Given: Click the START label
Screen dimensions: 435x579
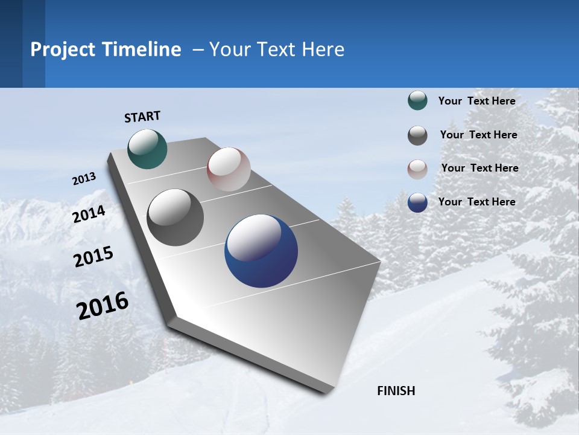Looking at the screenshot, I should pyautogui.click(x=142, y=117).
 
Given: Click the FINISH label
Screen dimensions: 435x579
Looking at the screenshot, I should pyautogui.click(x=396, y=391).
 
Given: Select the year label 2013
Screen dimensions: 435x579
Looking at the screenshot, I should pyautogui.click(x=84, y=179).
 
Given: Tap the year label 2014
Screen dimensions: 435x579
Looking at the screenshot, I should pyautogui.click(x=89, y=214).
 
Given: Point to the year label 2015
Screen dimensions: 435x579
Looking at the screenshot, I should pyautogui.click(x=93, y=257).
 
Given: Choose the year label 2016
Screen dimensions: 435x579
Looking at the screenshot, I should pyautogui.click(x=103, y=306).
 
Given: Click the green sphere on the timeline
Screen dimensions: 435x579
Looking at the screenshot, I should pyautogui.click(x=147, y=149).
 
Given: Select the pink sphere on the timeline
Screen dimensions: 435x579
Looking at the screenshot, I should pyautogui.click(x=229, y=169).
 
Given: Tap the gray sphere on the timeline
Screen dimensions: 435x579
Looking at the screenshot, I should pyautogui.click(x=176, y=217).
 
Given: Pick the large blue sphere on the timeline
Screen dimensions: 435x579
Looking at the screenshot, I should pyautogui.click(x=261, y=251).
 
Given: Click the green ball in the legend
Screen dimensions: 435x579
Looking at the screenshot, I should pyautogui.click(x=417, y=101).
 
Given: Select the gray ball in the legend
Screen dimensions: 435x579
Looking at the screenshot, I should pyautogui.click(x=417, y=135).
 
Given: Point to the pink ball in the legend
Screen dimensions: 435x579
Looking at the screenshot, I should pyautogui.click(x=417, y=169).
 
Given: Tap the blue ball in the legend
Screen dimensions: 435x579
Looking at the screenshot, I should pyautogui.click(x=417, y=202).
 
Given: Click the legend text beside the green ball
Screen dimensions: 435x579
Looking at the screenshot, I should pyautogui.click(x=476, y=101).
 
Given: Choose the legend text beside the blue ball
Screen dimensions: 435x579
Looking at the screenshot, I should pyautogui.click(x=476, y=202).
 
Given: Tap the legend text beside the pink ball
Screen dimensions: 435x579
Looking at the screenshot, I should pyautogui.click(x=479, y=168).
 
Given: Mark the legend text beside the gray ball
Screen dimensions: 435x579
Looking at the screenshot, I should pyautogui.click(x=478, y=135).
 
